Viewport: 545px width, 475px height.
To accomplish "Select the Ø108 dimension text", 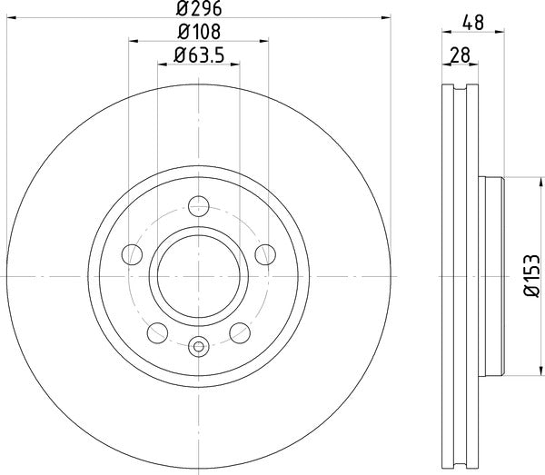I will [x=199, y=33].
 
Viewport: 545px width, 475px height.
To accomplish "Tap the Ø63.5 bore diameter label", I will [x=199, y=57].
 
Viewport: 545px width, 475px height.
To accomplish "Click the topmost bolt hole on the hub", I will [x=199, y=206].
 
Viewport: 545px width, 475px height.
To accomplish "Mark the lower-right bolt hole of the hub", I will [x=240, y=330].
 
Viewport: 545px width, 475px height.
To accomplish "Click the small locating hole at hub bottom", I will [x=199, y=345].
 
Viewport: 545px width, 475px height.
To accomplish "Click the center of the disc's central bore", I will [x=199, y=275].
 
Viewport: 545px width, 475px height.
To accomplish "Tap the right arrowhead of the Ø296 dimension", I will [x=386, y=16].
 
